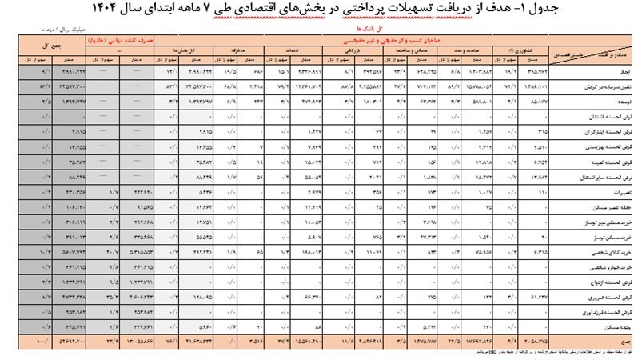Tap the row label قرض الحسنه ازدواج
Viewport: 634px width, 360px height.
pyautogui.click(x=591, y=282)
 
